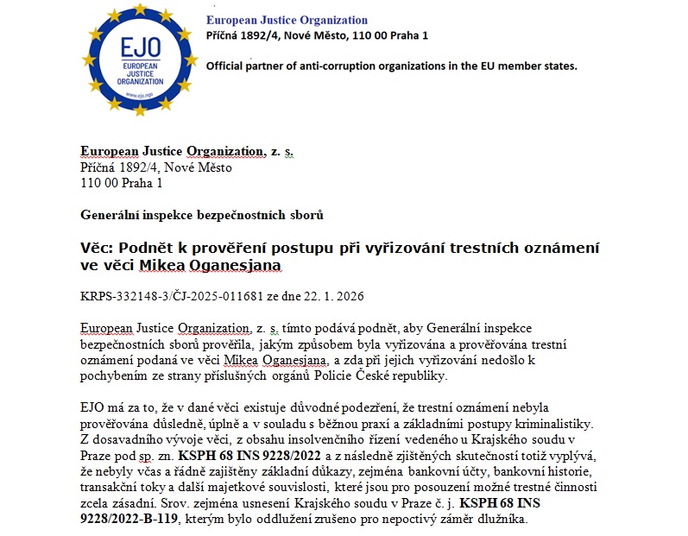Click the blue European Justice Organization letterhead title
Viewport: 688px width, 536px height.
point(287,20)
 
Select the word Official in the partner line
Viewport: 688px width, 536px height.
point(227,66)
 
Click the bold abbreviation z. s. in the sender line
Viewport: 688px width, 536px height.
point(282,152)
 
